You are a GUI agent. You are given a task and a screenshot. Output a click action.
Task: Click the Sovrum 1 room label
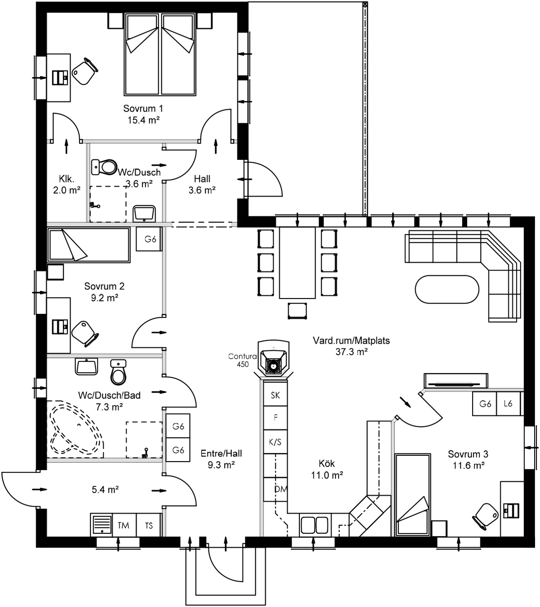[143, 108]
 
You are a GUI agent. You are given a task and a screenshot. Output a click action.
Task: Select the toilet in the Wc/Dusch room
[105, 167]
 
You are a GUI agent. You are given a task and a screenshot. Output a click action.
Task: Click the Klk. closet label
[66, 178]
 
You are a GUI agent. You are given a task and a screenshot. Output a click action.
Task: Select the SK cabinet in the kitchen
[275, 396]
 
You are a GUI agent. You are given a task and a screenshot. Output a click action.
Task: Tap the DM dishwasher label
[280, 489]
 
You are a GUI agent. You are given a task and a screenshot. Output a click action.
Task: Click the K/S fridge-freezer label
[275, 442]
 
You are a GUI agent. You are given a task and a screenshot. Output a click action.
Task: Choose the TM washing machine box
[123, 525]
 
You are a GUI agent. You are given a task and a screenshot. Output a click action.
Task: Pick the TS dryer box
[149, 525]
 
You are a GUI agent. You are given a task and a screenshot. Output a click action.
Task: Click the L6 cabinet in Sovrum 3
[508, 403]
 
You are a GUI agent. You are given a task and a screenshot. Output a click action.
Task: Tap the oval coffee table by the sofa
[447, 290]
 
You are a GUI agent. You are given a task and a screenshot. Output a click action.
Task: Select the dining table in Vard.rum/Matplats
[297, 262]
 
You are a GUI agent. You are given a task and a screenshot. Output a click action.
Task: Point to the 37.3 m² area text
[351, 352]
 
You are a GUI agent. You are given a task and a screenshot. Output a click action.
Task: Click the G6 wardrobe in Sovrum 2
[150, 239]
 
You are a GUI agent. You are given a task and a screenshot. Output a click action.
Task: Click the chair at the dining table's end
[298, 311]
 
